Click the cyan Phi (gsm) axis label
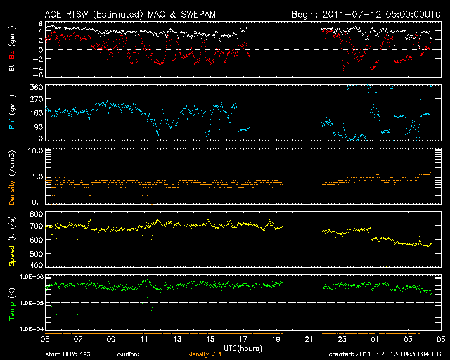click(12, 112)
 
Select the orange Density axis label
click(12, 193)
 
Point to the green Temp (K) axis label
click(12, 304)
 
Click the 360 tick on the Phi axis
click(36, 87)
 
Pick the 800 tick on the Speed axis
click(36, 214)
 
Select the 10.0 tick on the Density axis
click(35, 150)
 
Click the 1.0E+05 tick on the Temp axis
click(32, 303)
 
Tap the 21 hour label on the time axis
click(309, 340)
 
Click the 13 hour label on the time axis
click(177, 340)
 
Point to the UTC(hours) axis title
click(243, 349)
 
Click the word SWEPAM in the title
click(198, 14)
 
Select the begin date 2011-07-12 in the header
click(352, 14)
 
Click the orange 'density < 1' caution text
click(205, 354)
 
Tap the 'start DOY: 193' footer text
click(67, 354)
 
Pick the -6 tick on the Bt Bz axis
click(39, 75)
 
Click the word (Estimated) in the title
click(117, 14)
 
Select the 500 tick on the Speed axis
click(36, 254)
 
